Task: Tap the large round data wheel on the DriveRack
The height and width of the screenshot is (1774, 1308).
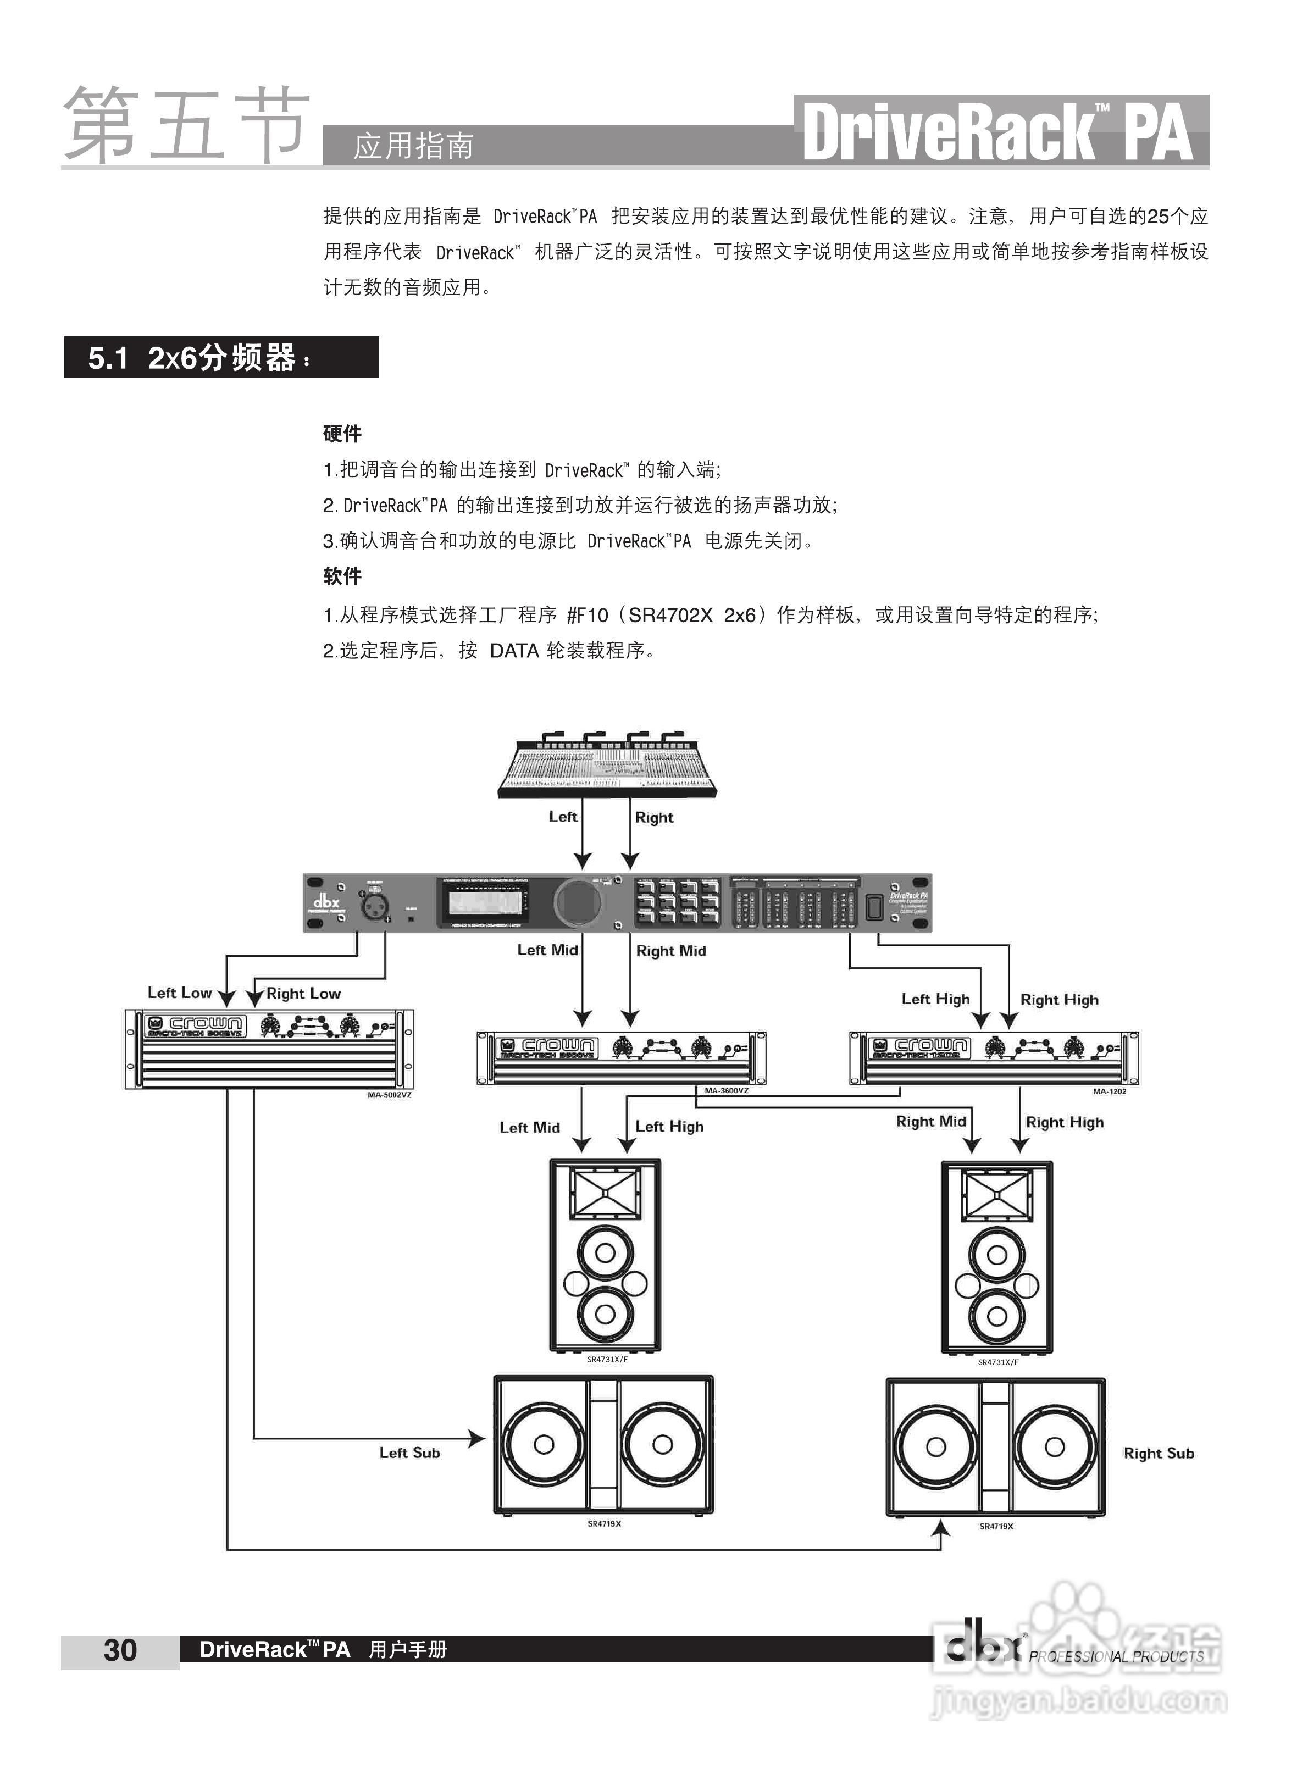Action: (579, 902)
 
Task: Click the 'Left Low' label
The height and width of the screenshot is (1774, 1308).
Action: (180, 993)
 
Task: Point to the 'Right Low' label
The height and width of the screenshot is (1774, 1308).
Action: (303, 994)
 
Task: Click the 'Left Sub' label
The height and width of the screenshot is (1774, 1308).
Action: (409, 1453)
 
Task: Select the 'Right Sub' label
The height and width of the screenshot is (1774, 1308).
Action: (1159, 1454)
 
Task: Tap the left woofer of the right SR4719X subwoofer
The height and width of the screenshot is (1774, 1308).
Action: (936, 1447)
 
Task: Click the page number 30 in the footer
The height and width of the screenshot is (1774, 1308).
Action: (120, 1650)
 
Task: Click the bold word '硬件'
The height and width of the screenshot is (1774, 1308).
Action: (342, 434)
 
